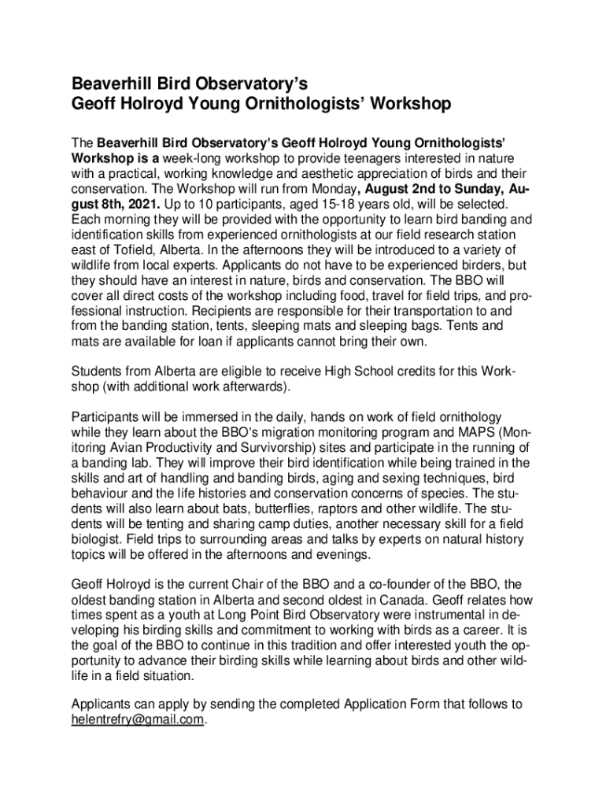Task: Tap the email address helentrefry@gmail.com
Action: point(137,719)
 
